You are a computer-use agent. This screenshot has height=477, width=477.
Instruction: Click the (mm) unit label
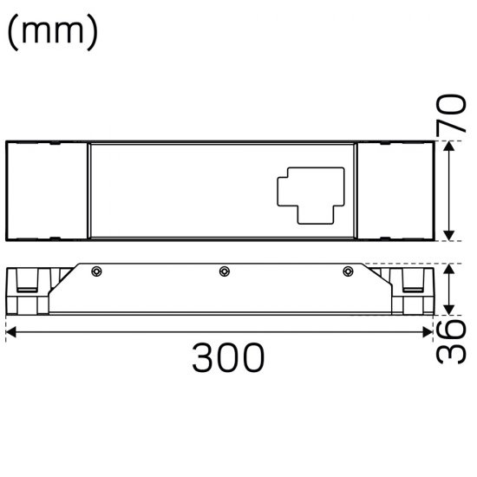pyautogui.click(x=52, y=33)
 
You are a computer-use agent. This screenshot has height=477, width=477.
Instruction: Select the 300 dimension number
pyautogui.click(x=227, y=356)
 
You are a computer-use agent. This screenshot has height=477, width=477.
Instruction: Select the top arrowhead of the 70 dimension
pyautogui.click(x=448, y=148)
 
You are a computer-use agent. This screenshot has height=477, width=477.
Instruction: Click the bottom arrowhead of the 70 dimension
pyautogui.click(x=448, y=236)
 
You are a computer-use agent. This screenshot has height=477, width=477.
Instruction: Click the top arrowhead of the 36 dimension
pyautogui.click(x=448, y=270)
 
